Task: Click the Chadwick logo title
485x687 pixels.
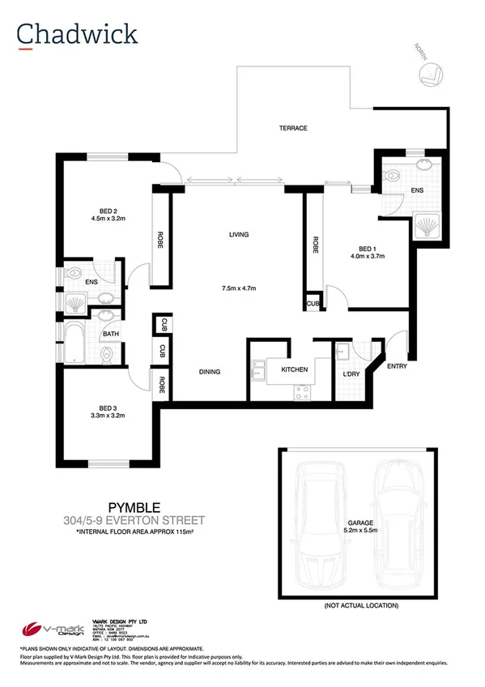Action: [x=77, y=33]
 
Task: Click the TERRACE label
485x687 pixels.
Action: [x=292, y=129]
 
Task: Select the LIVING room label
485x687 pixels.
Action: [x=238, y=235]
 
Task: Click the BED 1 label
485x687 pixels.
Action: [x=366, y=248]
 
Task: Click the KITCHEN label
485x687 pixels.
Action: [x=294, y=369]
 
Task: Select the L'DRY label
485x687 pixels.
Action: [x=351, y=373]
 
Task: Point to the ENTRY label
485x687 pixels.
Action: [x=397, y=365]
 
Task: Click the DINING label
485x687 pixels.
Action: [x=211, y=372]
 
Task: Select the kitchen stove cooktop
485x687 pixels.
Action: [x=304, y=391]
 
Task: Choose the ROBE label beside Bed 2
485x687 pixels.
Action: [x=160, y=241]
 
